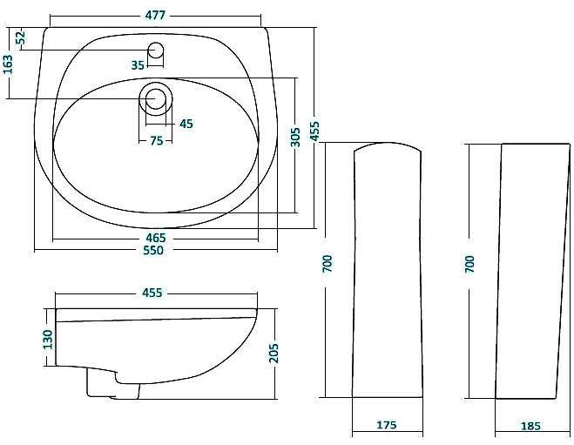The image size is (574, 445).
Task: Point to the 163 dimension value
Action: pyautogui.click(x=9, y=65)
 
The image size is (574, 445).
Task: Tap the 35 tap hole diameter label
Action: pyautogui.click(x=138, y=64)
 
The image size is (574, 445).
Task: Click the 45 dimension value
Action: pyautogui.click(x=186, y=124)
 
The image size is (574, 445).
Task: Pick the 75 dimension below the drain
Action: pyautogui.click(x=157, y=141)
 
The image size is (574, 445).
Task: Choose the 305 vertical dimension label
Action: pyautogui.click(x=294, y=137)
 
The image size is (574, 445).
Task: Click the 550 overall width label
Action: pyautogui.click(x=153, y=251)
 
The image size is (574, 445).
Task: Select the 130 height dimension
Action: pyautogui.click(x=48, y=338)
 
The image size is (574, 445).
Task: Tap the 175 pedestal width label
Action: pyautogui.click(x=387, y=426)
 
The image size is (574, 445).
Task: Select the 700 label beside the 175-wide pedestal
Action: pyautogui.click(x=328, y=263)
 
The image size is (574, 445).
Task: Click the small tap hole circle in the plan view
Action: pyautogui.click(x=157, y=50)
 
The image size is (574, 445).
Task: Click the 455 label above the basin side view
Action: pyautogui.click(x=152, y=293)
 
